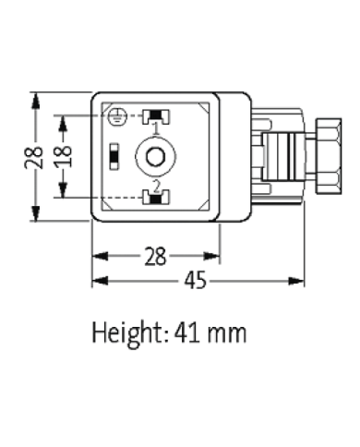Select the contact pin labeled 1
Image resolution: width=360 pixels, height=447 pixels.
point(155,115)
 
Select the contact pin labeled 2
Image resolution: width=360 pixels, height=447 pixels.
point(155,196)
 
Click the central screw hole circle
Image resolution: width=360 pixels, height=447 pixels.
point(155,156)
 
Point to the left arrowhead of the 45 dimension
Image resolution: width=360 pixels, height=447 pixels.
point(96,280)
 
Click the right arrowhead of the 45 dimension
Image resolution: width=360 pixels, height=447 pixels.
point(301,280)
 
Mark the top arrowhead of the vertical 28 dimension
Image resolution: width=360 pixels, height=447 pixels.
point(36,95)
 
